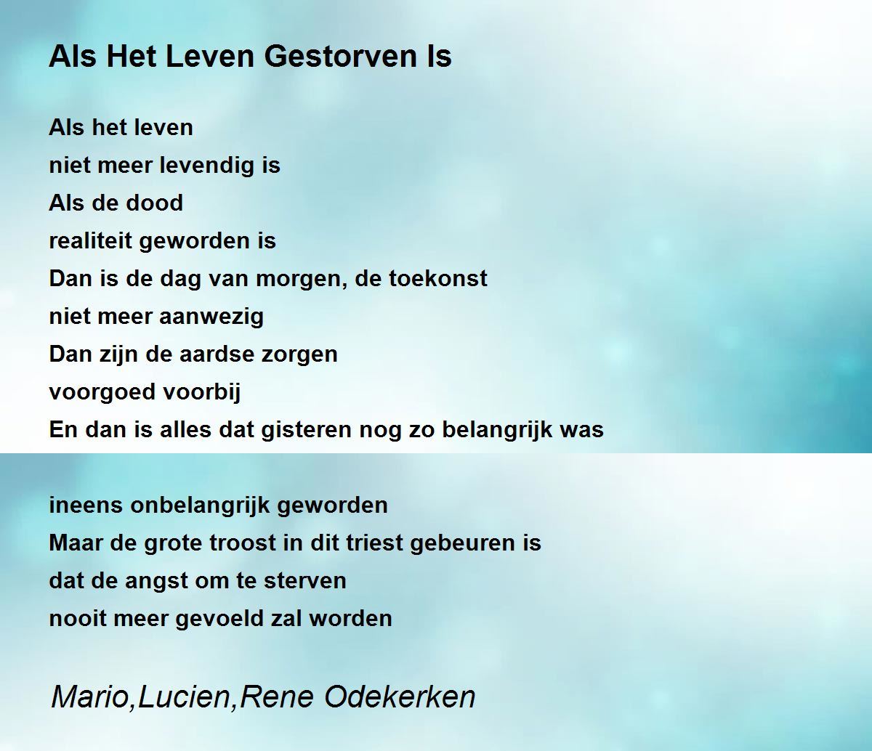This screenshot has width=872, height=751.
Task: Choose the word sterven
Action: pos(305,580)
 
